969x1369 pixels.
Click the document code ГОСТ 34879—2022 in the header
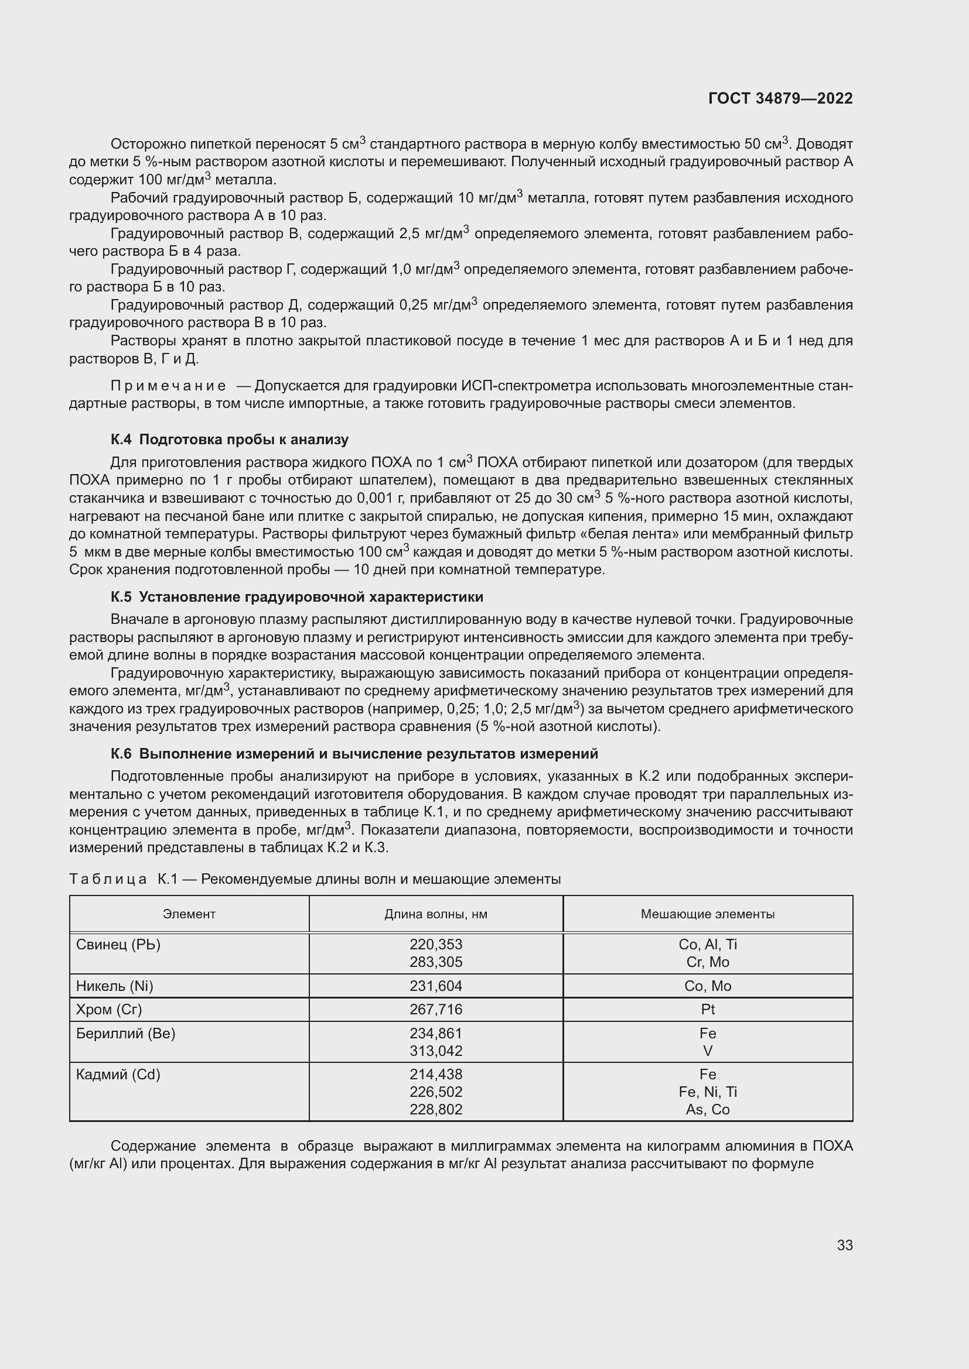pyautogui.click(x=780, y=99)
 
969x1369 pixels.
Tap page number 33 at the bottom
pyautogui.click(x=844, y=1245)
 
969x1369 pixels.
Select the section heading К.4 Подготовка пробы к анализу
pyautogui.click(x=230, y=440)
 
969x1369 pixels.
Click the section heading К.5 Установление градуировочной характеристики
pyautogui.click(x=296, y=597)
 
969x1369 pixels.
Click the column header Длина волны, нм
pyautogui.click(x=435, y=914)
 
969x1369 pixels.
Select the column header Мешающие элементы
pyautogui.click(x=708, y=914)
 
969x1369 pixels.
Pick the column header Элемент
pyautogui.click(x=189, y=914)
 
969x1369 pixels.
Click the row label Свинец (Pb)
pyautogui.click(x=118, y=945)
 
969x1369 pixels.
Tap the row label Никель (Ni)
pyautogui.click(x=115, y=986)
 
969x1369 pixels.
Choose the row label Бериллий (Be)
pyautogui.click(x=125, y=1033)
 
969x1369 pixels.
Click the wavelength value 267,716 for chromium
pyautogui.click(x=435, y=1010)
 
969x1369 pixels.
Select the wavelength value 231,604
pyautogui.click(x=435, y=986)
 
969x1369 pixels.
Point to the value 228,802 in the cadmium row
pyautogui.click(x=435, y=1110)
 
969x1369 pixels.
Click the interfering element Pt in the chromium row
pyautogui.click(x=708, y=1010)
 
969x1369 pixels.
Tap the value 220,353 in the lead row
pyautogui.click(x=435, y=945)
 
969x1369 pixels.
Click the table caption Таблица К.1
pyautogui.click(x=123, y=880)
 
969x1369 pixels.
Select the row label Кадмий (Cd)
pyautogui.click(x=118, y=1075)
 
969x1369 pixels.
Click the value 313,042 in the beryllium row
pyautogui.click(x=435, y=1051)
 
